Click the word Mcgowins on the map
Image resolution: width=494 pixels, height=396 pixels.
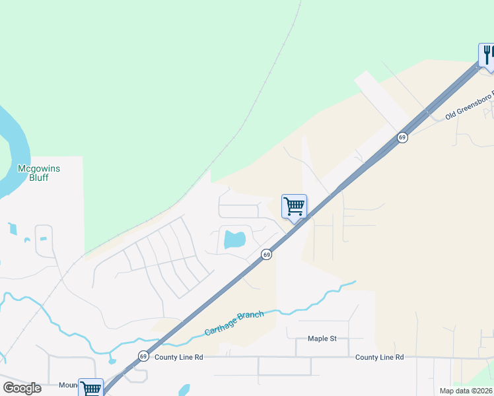(38, 169)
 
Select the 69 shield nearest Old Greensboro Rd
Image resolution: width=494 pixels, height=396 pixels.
(402, 137)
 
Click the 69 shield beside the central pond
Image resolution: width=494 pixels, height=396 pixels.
(266, 254)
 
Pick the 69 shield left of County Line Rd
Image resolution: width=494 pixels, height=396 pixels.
(143, 356)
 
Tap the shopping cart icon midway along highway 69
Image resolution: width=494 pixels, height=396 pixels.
(294, 207)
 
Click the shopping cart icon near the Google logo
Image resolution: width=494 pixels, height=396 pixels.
(90, 388)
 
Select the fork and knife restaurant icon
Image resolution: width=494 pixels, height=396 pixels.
(487, 54)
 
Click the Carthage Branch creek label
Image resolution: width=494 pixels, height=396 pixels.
(234, 323)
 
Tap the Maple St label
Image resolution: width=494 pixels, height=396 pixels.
(322, 339)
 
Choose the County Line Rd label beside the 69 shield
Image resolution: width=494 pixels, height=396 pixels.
(178, 357)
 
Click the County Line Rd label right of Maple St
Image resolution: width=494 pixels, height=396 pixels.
(379, 357)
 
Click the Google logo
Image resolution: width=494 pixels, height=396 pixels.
(22, 388)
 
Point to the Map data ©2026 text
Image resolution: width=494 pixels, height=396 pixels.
(466, 391)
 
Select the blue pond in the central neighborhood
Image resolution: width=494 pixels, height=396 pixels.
(234, 239)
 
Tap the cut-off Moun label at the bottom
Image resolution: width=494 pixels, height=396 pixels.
(68, 385)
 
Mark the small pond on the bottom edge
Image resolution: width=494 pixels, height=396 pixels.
(184, 390)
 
